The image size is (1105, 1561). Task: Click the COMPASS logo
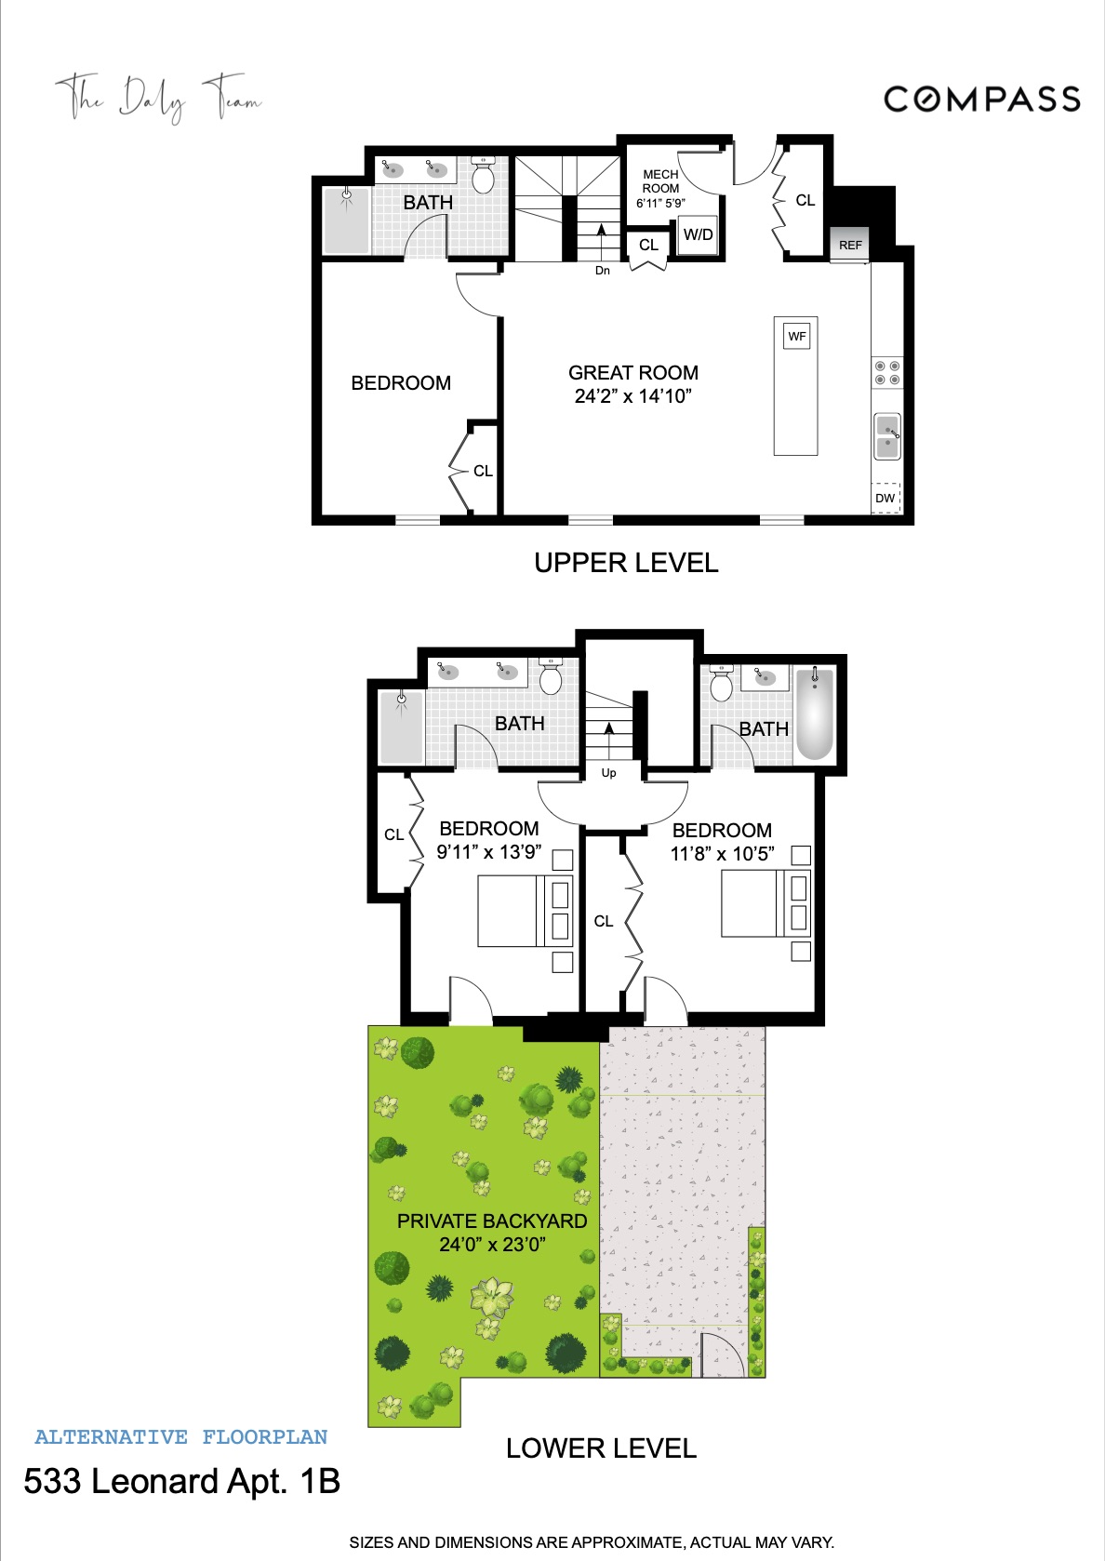(981, 99)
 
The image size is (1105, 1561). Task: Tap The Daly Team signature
(158, 97)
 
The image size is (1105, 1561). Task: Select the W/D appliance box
(698, 234)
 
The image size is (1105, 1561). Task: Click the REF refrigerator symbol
(850, 245)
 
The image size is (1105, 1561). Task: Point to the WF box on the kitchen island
(797, 336)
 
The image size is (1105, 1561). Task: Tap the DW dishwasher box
(885, 498)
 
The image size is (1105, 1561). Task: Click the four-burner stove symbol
(886, 373)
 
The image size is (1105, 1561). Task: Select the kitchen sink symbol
(887, 436)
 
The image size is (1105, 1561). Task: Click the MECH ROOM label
(660, 181)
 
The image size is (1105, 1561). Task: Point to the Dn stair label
(603, 271)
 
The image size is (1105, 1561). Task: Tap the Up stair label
(608, 773)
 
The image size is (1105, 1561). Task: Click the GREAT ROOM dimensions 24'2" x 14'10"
(632, 396)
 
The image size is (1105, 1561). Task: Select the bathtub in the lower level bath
(815, 714)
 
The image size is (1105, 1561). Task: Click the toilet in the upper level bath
(483, 176)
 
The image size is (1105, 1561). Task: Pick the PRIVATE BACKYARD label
(492, 1221)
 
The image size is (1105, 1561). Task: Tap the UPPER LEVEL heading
(626, 563)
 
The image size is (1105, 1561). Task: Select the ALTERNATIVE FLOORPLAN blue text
(181, 1437)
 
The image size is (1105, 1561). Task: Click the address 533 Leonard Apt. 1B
(182, 1481)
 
